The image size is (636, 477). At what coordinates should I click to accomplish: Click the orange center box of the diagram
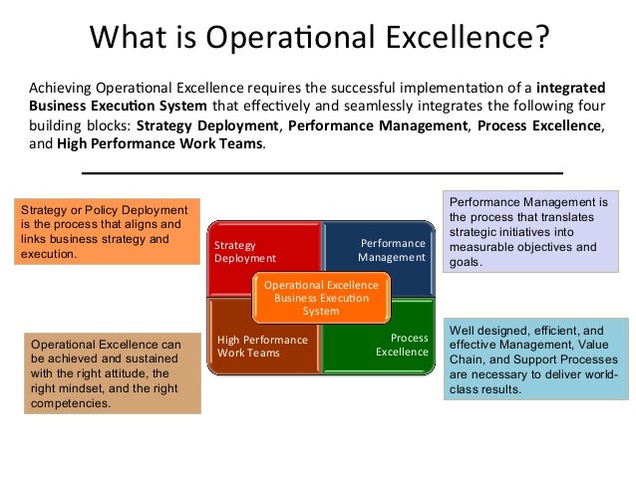point(321,298)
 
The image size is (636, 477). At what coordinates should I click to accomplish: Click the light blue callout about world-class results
point(533,359)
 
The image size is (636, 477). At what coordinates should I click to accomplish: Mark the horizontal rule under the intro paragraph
point(321,172)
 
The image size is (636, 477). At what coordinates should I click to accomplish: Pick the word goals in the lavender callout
point(466,263)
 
